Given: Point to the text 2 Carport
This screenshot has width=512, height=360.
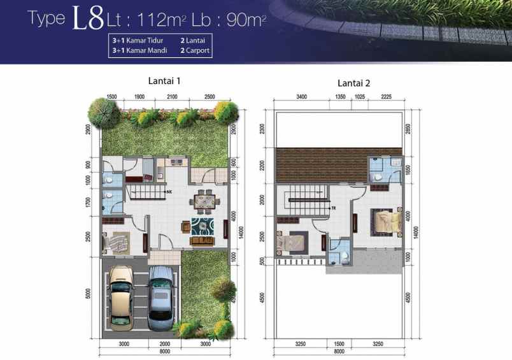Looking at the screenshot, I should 195,49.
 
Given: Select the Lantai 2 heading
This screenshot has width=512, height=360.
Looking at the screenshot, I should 353,83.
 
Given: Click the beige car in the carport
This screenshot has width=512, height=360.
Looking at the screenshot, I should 122,298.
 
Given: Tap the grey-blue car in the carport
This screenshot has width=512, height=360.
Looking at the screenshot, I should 161,298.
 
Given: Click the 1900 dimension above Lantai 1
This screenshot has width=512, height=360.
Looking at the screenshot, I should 139,96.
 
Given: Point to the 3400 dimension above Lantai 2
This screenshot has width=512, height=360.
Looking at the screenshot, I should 301,97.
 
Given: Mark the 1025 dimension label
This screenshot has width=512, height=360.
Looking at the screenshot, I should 360,97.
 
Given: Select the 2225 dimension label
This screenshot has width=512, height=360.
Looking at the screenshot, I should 386,97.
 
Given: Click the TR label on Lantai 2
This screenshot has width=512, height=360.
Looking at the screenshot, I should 332,208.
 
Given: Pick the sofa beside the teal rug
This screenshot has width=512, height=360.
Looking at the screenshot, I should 203,240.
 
